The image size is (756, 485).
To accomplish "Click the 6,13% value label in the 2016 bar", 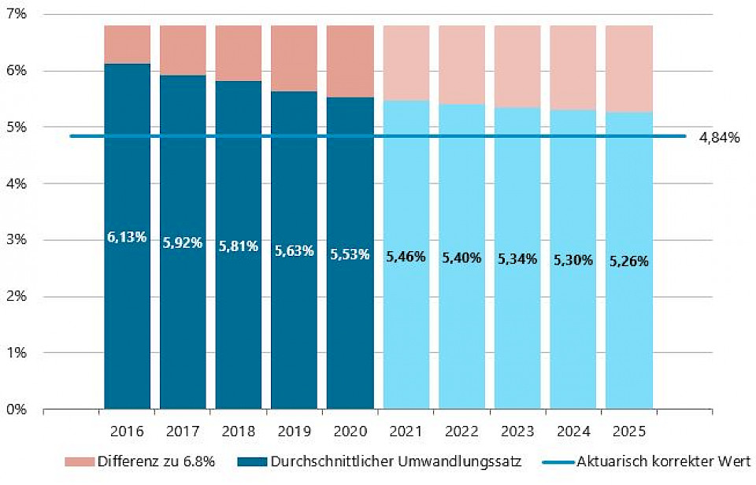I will click(x=127, y=237).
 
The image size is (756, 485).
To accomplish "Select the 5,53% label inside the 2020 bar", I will click(x=350, y=255).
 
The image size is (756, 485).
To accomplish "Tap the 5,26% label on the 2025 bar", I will click(x=628, y=261).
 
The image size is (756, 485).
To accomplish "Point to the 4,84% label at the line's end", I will click(x=719, y=138).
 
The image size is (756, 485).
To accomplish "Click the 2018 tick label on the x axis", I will click(x=239, y=431).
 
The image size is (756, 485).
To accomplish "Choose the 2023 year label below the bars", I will click(x=517, y=431).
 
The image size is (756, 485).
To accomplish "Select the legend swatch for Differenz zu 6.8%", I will click(x=79, y=461).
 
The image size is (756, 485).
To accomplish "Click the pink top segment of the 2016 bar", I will click(x=127, y=45).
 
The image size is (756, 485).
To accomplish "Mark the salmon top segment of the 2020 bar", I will click(x=350, y=61).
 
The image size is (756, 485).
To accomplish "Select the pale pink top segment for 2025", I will click(x=628, y=69).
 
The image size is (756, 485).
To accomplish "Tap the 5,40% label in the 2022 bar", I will click(x=461, y=258).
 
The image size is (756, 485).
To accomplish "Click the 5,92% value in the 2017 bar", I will click(x=183, y=243).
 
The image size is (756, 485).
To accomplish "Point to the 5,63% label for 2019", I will click(x=295, y=251).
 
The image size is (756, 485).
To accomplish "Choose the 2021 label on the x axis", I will click(x=406, y=431).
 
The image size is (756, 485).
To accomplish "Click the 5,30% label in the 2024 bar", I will click(x=573, y=261).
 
